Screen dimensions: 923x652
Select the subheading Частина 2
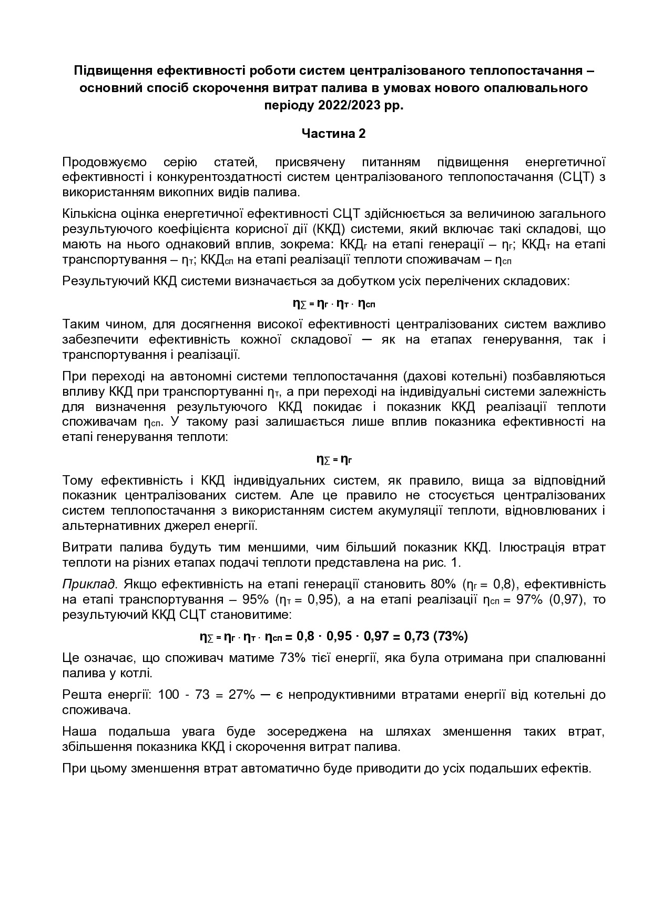point(333,134)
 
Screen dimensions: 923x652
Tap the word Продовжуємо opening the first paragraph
point(105,162)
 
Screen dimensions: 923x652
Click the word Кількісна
point(89,214)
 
